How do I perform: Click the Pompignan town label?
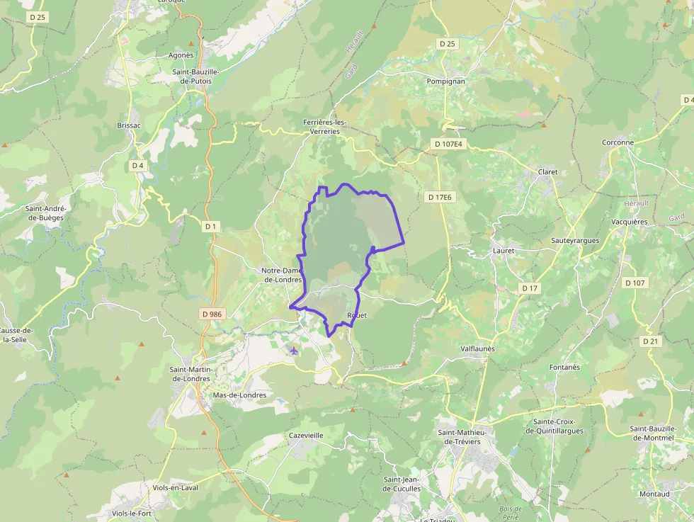pyautogui.click(x=445, y=81)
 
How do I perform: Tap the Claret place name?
pyautogui.click(x=547, y=172)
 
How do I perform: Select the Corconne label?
pyautogui.click(x=618, y=142)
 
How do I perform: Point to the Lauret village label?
pyautogui.click(x=503, y=251)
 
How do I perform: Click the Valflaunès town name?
pyautogui.click(x=478, y=348)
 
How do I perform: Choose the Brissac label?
pyautogui.click(x=129, y=125)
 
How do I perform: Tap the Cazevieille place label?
pyautogui.click(x=306, y=436)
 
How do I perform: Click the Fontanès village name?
pyautogui.click(x=564, y=367)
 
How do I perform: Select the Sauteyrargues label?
pyautogui.click(x=575, y=241)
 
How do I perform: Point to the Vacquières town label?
pyautogui.click(x=628, y=222)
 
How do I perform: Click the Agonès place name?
pyautogui.click(x=181, y=55)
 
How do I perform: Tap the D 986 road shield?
pyautogui.click(x=212, y=314)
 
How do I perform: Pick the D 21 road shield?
pyautogui.click(x=651, y=341)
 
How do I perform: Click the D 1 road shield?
pyautogui.click(x=210, y=227)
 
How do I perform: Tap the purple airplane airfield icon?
pyautogui.click(x=295, y=351)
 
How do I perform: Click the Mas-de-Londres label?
pyautogui.click(x=239, y=395)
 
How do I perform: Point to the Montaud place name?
pyautogui.click(x=654, y=494)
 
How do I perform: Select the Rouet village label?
pyautogui.click(x=358, y=315)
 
